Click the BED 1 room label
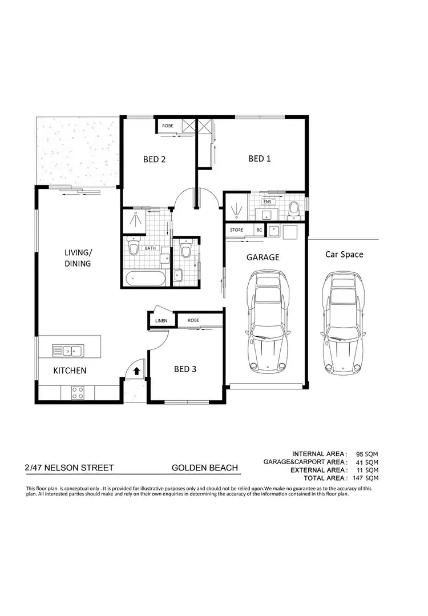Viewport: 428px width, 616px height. tap(260, 159)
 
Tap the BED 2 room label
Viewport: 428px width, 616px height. tap(154, 160)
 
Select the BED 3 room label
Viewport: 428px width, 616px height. tap(185, 369)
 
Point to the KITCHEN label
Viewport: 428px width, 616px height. tap(70, 371)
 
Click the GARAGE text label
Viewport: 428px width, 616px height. tap(263, 257)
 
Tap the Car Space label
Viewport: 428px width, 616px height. tap(344, 254)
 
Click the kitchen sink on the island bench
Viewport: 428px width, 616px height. tap(67, 350)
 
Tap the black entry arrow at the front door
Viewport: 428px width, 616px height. tap(137, 371)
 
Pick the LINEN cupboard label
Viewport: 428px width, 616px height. tap(161, 321)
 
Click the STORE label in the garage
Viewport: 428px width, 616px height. tap(236, 230)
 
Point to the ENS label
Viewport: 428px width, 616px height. tap(267, 202)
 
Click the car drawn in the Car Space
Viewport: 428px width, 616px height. tap(342, 322)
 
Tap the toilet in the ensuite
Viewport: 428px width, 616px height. tap(294, 210)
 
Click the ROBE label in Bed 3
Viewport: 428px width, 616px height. tap(193, 321)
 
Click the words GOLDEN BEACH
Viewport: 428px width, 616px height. tap(205, 468)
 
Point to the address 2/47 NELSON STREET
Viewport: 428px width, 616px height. tap(69, 468)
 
